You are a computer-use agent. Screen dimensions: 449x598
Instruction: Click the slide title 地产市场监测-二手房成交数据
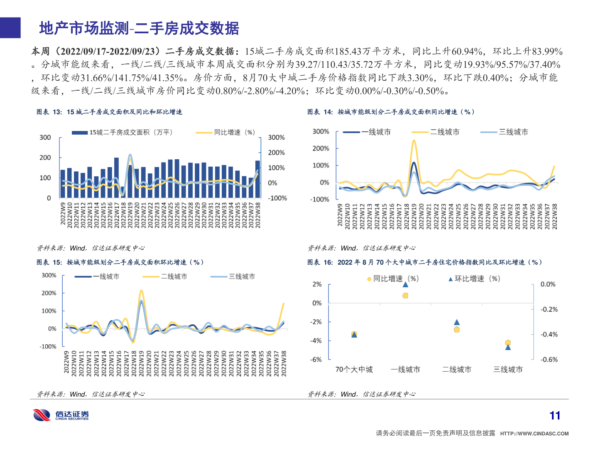[x=139, y=28]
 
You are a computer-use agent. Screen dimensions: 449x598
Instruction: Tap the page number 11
[x=555, y=415]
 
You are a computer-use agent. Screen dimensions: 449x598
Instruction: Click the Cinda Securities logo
[x=61, y=415]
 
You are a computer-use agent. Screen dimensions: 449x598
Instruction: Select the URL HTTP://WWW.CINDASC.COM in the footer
[x=534, y=434]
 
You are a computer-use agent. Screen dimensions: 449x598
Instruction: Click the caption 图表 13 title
[x=109, y=112]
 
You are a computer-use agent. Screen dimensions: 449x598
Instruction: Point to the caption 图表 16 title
[x=424, y=262]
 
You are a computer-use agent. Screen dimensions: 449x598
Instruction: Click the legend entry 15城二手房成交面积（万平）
[x=123, y=133]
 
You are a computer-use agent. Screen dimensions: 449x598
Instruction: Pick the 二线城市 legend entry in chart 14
[x=436, y=132]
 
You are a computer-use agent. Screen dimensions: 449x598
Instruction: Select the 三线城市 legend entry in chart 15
[x=233, y=277]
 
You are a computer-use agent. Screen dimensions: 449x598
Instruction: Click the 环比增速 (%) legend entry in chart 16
[x=474, y=279]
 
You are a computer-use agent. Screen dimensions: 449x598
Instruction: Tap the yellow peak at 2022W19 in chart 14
[x=414, y=141]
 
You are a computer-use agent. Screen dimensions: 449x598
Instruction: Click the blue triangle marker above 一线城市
[x=405, y=284]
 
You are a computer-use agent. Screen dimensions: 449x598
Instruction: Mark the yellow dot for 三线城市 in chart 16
[x=508, y=343]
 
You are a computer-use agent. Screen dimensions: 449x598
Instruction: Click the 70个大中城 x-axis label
[x=354, y=370]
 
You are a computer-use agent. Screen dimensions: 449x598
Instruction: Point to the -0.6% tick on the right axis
[x=549, y=360]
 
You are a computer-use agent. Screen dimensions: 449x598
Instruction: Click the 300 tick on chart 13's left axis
[x=45, y=138]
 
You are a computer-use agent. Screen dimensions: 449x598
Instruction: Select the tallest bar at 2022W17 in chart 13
[x=116, y=178]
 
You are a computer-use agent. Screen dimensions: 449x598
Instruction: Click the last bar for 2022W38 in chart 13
[x=257, y=179]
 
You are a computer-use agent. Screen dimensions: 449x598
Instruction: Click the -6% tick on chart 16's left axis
[x=316, y=360]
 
